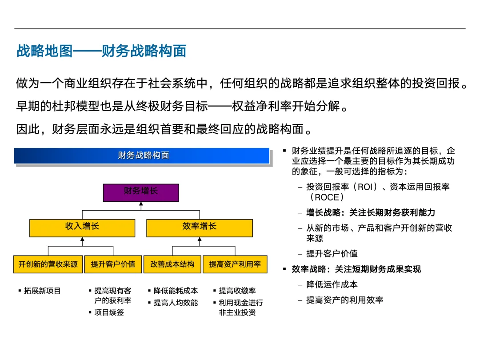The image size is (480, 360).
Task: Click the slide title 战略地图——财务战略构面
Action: [101, 51]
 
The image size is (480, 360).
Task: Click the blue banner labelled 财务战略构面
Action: [142, 156]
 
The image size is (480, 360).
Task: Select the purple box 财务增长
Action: [141, 192]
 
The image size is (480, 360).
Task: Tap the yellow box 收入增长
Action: [82, 227]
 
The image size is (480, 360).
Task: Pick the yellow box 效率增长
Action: [199, 227]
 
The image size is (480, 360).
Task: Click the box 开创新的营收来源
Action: [48, 264]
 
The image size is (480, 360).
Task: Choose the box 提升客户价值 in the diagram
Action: [113, 264]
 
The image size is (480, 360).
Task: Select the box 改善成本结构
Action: [172, 264]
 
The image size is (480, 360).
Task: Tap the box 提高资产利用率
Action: [235, 264]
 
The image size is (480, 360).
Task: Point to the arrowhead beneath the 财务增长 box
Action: [141, 204]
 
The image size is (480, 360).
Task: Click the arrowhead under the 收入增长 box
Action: [82, 240]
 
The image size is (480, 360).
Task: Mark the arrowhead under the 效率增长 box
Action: [199, 240]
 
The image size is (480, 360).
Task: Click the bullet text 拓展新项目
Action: [43, 291]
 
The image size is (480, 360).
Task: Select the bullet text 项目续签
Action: [109, 312]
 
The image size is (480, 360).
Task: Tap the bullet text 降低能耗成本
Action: [176, 291]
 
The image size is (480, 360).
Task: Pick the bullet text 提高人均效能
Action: [176, 303]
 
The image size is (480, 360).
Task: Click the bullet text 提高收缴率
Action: [237, 291]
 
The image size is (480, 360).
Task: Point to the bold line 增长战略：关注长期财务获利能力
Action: [371, 213]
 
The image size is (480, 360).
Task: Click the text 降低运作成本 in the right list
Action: [332, 284]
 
